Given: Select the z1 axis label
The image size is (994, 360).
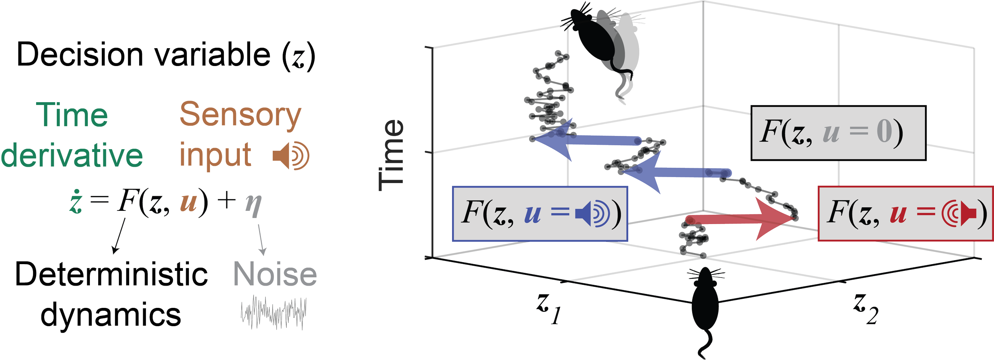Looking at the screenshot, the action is (x=548, y=311).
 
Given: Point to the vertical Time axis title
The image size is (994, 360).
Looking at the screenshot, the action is (x=391, y=155).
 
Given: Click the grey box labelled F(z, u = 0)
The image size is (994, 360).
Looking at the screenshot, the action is (x=838, y=133).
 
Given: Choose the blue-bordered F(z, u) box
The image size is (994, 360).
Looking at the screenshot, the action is (x=540, y=214).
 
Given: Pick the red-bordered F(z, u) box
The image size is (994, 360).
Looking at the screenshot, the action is (x=905, y=214).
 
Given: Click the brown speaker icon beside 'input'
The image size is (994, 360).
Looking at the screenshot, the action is (x=291, y=156).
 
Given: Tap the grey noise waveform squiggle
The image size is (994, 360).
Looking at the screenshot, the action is (x=274, y=312).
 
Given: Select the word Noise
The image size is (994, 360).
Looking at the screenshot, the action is (x=275, y=274).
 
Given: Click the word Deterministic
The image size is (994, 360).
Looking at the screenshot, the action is (x=111, y=274).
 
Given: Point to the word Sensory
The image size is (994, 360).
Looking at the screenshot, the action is (x=240, y=115).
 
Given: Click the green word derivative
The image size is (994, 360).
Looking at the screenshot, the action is (x=72, y=156).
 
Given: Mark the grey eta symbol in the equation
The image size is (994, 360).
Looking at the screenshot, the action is (x=253, y=205).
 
